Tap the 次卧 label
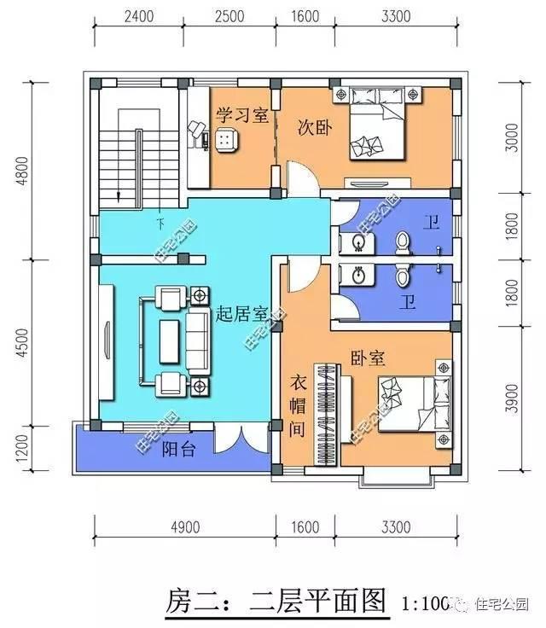point(313,127)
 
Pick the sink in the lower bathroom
point(357,275)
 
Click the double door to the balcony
point(234,441)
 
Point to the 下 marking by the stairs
point(160,224)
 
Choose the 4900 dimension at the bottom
point(184,526)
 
